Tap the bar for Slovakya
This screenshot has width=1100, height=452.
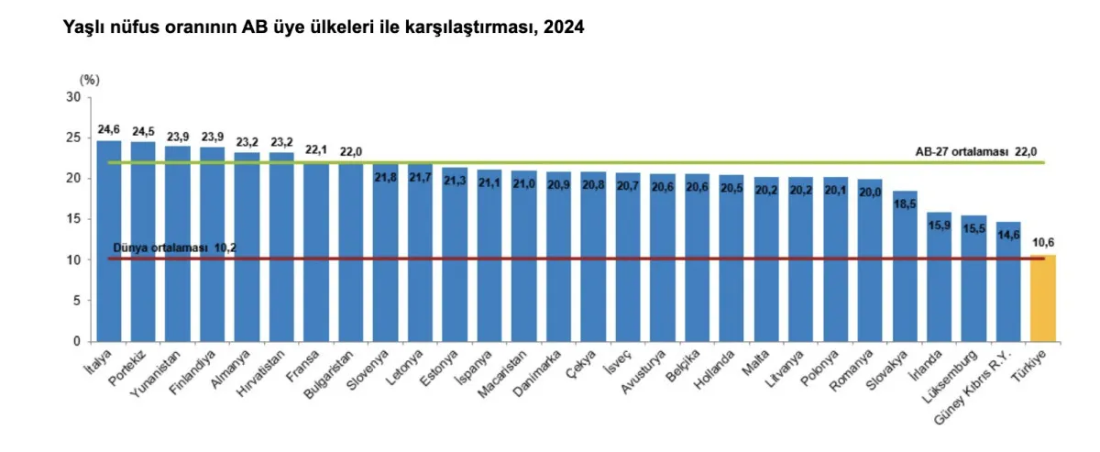point(905,266)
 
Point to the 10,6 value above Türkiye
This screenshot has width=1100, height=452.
point(1043,243)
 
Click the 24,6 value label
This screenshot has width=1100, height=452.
point(109,129)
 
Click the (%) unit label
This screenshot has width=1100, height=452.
point(89,81)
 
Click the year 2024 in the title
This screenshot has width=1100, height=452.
point(564,28)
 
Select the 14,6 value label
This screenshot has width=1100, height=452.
point(1008,235)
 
